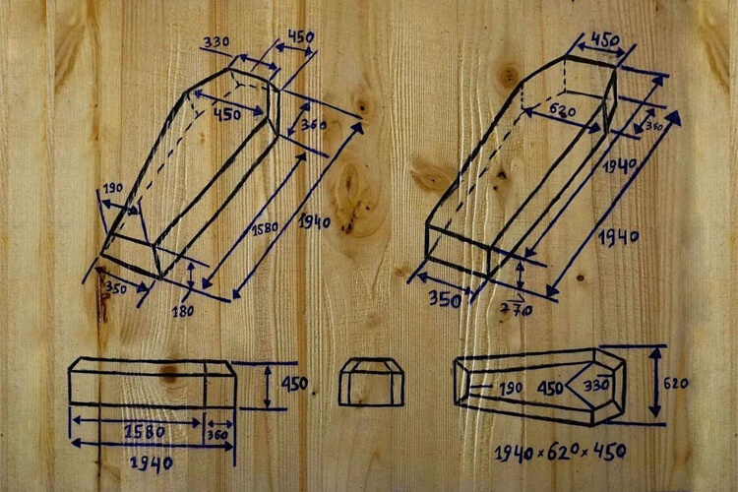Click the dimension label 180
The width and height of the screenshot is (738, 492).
[x=183, y=311]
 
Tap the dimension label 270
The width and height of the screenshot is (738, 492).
[x=517, y=309]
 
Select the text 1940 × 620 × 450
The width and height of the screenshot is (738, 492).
[x=560, y=453]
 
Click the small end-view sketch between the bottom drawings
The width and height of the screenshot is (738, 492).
[x=371, y=382]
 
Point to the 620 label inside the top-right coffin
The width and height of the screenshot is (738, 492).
[x=563, y=111]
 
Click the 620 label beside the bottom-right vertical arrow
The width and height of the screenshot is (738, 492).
[x=676, y=384]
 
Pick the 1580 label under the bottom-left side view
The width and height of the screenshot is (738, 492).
[x=145, y=431]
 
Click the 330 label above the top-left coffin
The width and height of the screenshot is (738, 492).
[x=216, y=42]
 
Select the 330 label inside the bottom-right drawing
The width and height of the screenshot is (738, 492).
[x=596, y=386]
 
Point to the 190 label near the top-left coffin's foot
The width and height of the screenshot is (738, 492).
[x=113, y=188]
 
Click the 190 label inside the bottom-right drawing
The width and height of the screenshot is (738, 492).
[x=511, y=388]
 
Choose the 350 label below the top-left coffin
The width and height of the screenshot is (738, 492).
[x=116, y=287]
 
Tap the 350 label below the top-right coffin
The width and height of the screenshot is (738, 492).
[x=445, y=299]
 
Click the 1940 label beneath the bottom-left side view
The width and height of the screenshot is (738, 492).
[x=152, y=463]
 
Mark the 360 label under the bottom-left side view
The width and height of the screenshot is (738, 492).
[x=217, y=435]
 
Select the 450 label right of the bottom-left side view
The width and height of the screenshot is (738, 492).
[x=294, y=384]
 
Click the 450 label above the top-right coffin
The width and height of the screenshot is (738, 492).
[x=604, y=39]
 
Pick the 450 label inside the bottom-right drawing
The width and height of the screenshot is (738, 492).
[x=551, y=388]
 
